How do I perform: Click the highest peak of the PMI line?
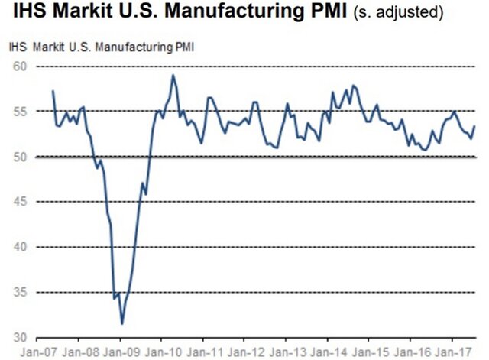pos(173,75)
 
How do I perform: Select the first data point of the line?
pos(53,91)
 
